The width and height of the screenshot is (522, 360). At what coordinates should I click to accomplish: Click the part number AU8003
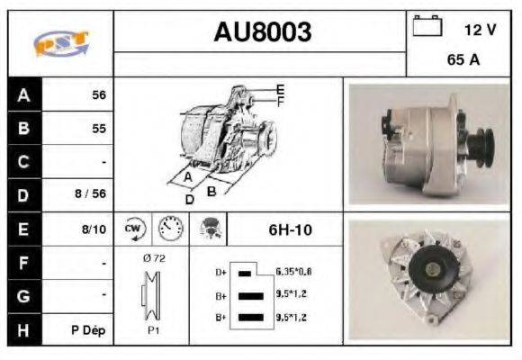pyautogui.click(x=262, y=32)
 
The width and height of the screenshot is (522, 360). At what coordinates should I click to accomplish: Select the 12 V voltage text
pyautogui.click(x=480, y=29)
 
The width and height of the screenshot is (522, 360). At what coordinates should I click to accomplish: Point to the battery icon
pyautogui.click(x=426, y=28)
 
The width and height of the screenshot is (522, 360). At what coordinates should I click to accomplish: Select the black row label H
pyautogui.click(x=24, y=329)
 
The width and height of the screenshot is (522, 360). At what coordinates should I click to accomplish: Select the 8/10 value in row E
pyautogui.click(x=94, y=229)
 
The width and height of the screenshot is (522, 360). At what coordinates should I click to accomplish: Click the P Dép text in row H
pyautogui.click(x=89, y=330)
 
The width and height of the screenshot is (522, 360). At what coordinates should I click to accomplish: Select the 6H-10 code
pyautogui.click(x=291, y=229)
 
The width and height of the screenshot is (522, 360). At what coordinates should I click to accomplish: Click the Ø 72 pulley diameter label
pyautogui.click(x=155, y=257)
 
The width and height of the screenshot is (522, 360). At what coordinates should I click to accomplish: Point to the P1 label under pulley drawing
pyautogui.click(x=154, y=329)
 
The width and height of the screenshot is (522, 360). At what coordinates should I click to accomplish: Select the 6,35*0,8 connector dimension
pyautogui.click(x=294, y=271)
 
